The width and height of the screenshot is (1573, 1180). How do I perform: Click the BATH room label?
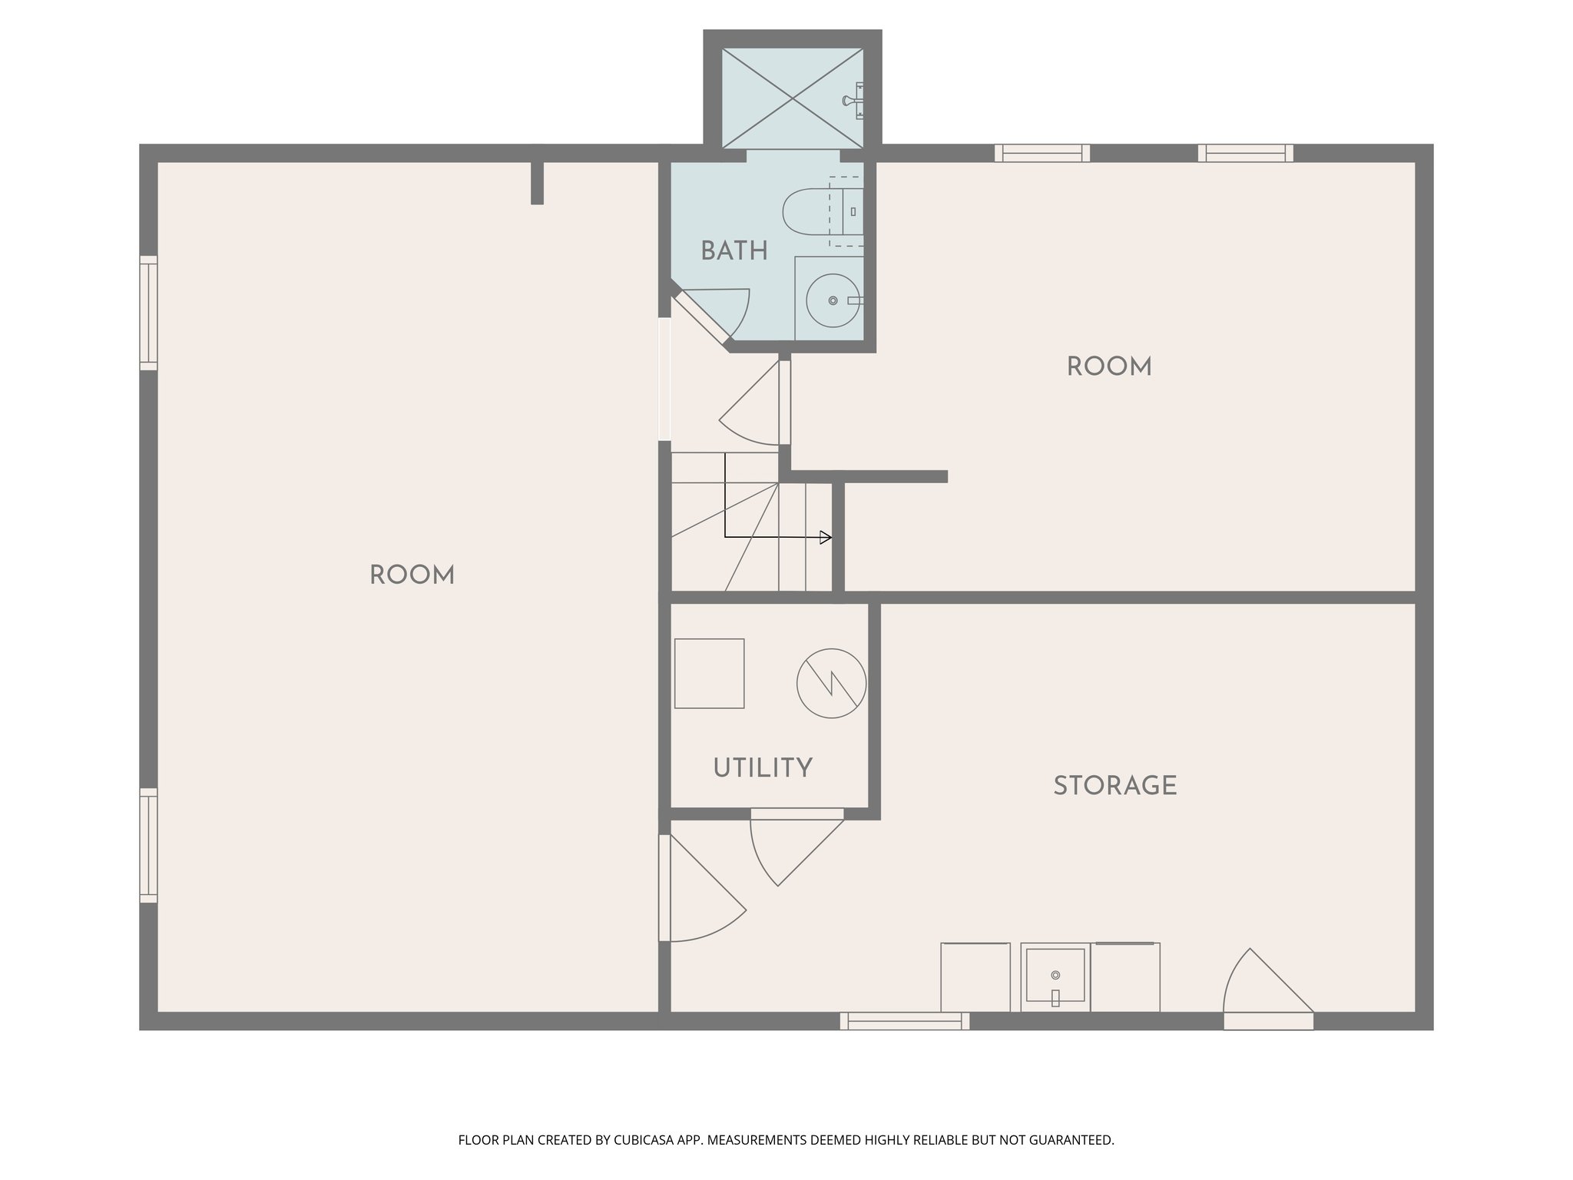734,251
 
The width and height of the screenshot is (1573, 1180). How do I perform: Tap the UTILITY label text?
762,768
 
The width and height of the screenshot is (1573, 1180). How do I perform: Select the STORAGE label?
1114,786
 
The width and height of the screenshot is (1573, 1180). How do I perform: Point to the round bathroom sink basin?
833,300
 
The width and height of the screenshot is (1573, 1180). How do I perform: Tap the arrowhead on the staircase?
826,538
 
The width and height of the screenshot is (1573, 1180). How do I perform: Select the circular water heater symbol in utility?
831,683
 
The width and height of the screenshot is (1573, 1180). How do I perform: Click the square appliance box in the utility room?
709,673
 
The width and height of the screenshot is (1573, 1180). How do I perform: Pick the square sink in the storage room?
1055,976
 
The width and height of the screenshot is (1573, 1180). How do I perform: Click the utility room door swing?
791,845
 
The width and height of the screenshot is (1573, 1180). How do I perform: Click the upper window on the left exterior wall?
148,313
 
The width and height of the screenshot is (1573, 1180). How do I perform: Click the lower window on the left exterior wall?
148,845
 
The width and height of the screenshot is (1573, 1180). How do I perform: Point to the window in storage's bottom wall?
904,1021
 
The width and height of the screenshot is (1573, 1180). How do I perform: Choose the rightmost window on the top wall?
1245,153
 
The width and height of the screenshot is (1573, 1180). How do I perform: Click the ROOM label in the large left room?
412,575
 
